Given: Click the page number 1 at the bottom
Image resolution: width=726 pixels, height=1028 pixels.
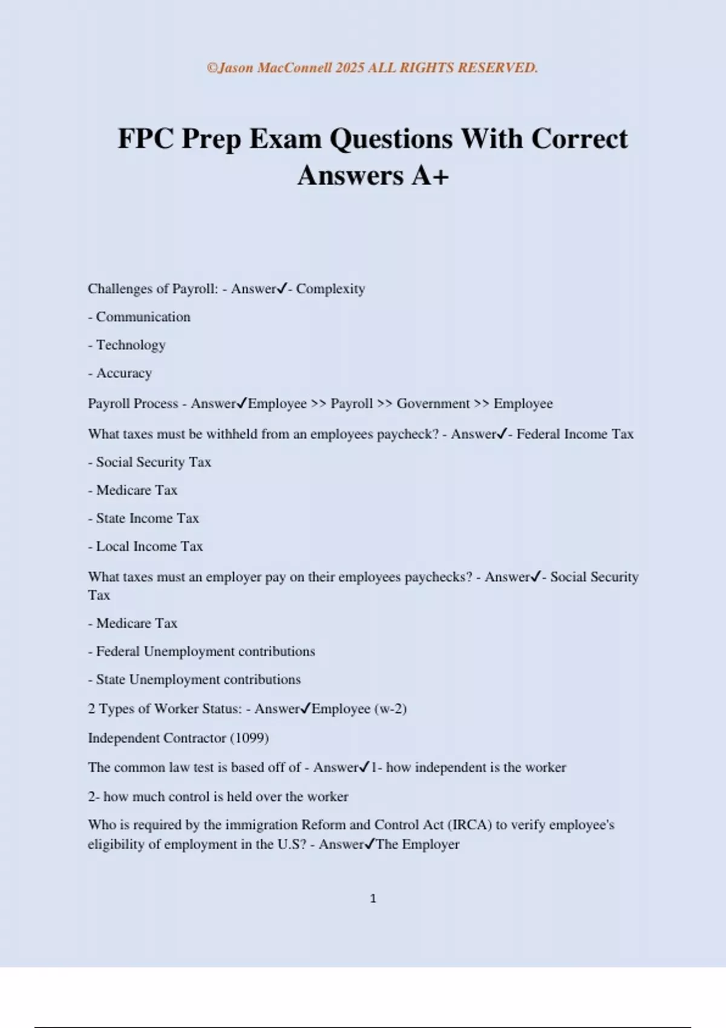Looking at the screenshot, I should click(373, 899).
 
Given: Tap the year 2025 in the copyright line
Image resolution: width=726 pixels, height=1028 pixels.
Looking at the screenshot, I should click(350, 68).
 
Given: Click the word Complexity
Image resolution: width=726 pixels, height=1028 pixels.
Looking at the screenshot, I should click(330, 289).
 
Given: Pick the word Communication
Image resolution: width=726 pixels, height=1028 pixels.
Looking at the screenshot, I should click(143, 317).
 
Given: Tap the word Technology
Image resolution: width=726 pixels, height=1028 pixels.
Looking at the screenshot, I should click(131, 345).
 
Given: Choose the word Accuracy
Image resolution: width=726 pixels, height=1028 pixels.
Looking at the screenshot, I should click(124, 373).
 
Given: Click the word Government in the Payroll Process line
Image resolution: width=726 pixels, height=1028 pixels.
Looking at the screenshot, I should click(433, 403).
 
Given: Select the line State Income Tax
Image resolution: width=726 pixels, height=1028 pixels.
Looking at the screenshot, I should click(143, 518).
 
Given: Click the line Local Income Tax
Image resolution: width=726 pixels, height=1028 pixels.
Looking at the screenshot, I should click(145, 546).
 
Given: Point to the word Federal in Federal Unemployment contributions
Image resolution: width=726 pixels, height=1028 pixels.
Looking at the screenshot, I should click(118, 651).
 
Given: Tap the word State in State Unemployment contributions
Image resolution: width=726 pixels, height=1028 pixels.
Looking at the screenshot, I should click(111, 679).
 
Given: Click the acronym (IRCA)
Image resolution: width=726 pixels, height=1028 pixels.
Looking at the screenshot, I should click(469, 825).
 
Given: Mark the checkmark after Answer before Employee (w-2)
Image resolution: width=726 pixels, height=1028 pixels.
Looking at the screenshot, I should click(306, 708).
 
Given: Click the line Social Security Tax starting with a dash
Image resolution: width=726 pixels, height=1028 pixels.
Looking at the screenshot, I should click(149, 462).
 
